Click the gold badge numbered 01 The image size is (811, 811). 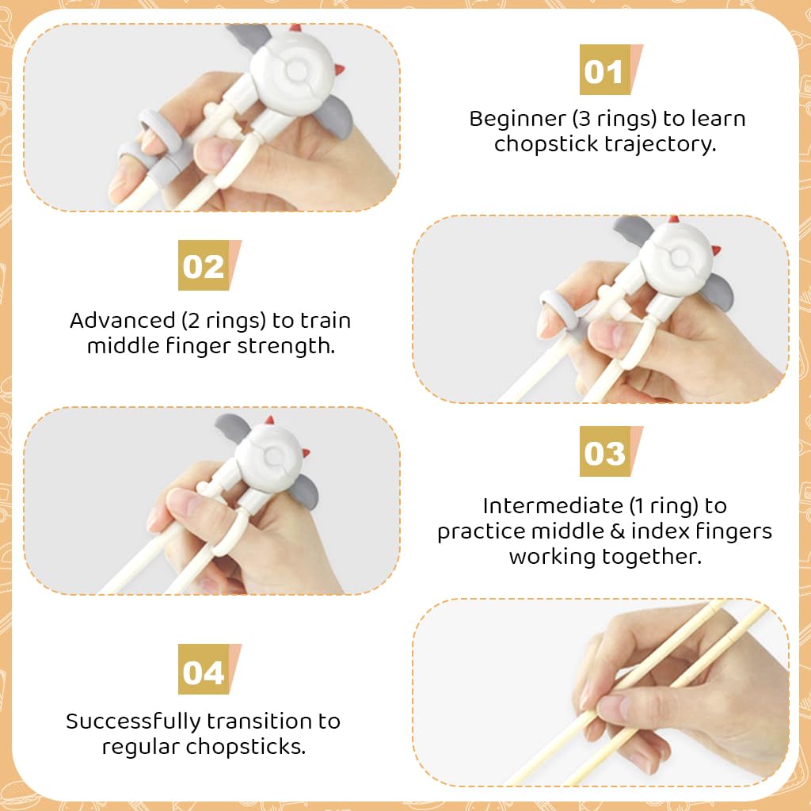[x=604, y=71]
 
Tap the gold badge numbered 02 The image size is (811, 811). [x=204, y=266]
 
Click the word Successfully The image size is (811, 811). [x=132, y=722]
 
